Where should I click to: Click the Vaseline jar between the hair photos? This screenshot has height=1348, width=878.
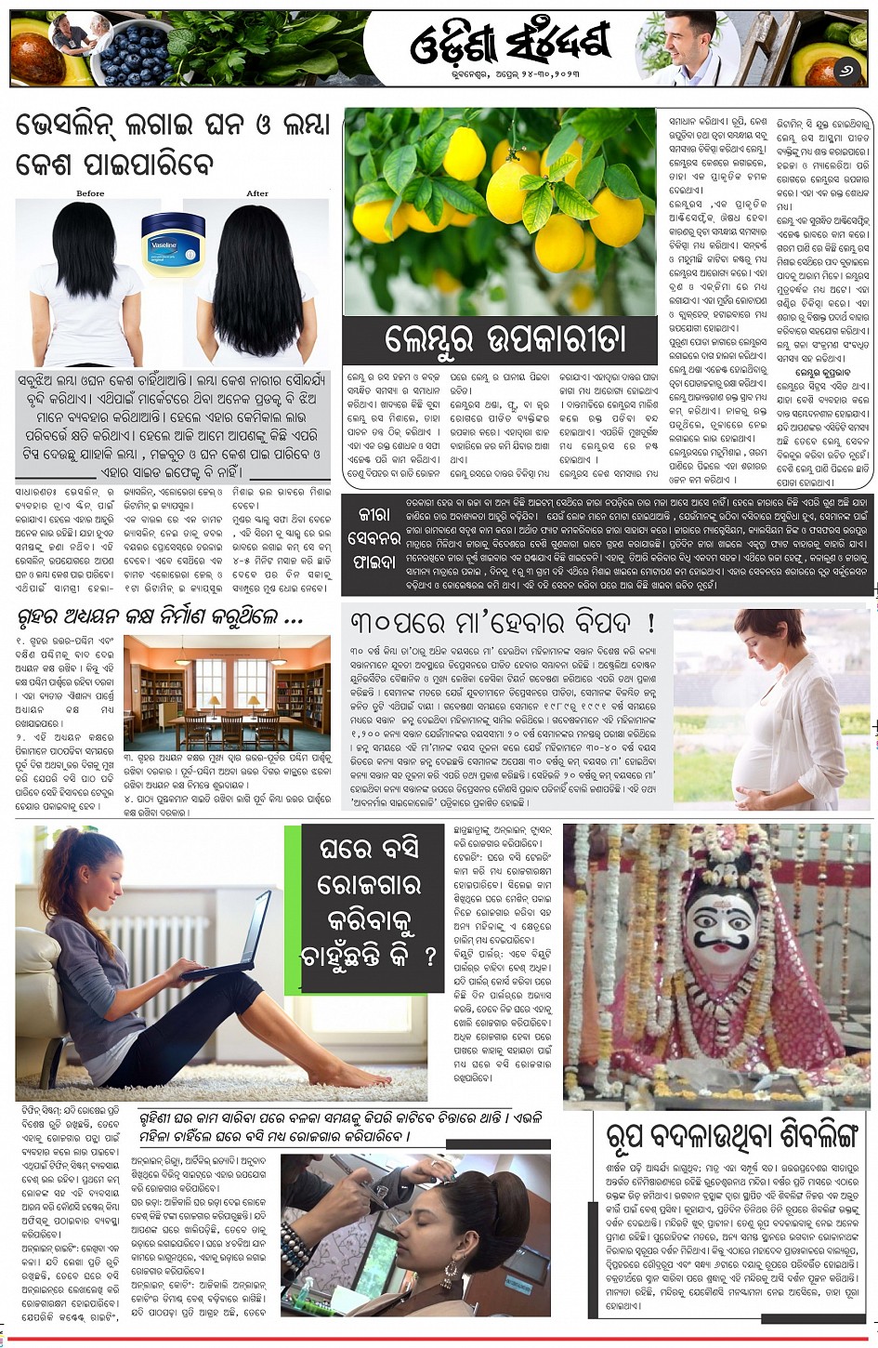[173, 244]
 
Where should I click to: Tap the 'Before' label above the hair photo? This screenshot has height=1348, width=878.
[90, 193]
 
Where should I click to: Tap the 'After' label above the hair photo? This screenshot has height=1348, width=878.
[257, 193]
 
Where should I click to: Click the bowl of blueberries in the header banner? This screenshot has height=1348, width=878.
[133, 56]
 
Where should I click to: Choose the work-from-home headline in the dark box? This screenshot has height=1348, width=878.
[369, 902]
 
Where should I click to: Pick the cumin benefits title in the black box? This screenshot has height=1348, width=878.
[373, 537]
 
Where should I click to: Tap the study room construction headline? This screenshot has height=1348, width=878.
[160, 617]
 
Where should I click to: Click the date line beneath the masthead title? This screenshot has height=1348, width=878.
[509, 73]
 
